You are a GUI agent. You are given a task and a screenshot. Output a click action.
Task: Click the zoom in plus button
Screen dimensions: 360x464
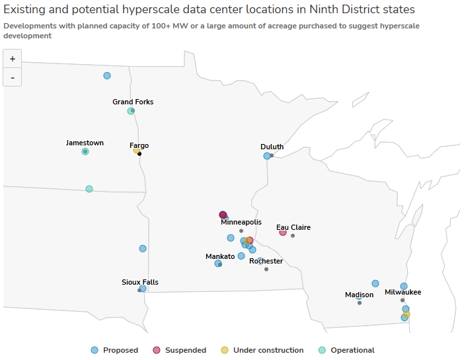click(x=13, y=59)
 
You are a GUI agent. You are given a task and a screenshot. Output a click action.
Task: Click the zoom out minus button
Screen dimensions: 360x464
click(x=13, y=77)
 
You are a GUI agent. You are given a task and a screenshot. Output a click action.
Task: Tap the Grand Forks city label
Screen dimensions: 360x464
click(x=133, y=102)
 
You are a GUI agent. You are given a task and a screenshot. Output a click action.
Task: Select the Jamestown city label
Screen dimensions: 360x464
click(x=85, y=143)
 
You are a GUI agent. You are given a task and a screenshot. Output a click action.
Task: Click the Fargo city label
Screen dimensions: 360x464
click(x=139, y=145)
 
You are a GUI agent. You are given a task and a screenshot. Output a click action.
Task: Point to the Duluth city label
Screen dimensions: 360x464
click(x=272, y=147)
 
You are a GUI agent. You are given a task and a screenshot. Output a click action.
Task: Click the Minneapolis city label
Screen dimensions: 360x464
click(x=241, y=223)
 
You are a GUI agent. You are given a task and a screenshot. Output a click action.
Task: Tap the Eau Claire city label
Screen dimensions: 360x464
click(x=293, y=227)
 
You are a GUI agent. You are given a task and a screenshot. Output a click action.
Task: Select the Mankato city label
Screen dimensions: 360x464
click(x=220, y=256)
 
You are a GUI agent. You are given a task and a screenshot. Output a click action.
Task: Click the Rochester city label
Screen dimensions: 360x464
click(x=266, y=261)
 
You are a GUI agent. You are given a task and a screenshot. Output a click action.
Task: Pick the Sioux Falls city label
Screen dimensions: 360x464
click(x=139, y=282)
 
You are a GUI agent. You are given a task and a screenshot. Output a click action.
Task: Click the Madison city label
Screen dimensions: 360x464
click(x=359, y=295)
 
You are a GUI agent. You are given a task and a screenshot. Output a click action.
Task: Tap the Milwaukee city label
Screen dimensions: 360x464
click(x=403, y=292)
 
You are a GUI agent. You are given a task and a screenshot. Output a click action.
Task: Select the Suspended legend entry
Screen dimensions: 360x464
click(x=179, y=350)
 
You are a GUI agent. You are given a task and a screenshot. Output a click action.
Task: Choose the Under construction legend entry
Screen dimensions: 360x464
click(x=262, y=350)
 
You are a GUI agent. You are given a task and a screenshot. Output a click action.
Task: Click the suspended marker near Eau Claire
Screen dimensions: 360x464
click(x=283, y=232)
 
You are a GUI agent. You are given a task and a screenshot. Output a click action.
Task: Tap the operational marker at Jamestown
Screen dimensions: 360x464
click(x=85, y=151)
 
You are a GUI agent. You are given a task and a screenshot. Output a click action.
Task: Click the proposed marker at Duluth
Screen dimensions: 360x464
click(x=267, y=156)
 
